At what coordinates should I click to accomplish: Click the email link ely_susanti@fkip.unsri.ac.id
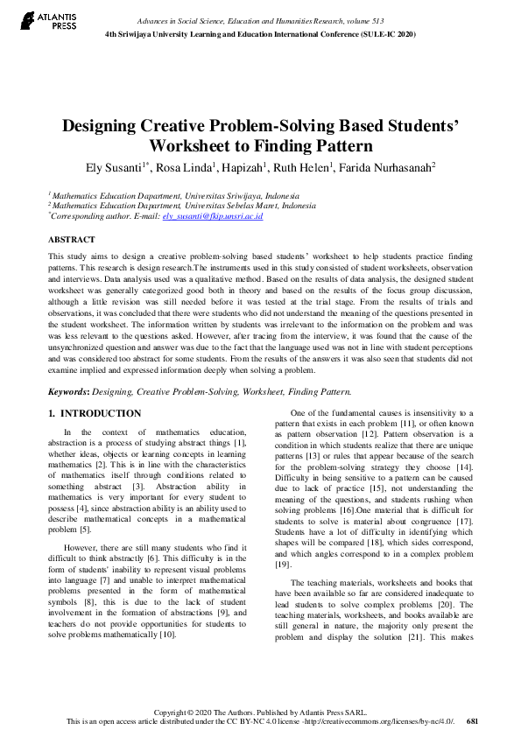213,215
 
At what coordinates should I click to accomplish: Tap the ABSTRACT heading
72,239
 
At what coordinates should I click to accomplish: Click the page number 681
472,720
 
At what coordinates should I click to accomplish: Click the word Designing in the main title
105,125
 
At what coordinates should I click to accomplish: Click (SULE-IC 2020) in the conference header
383,34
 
